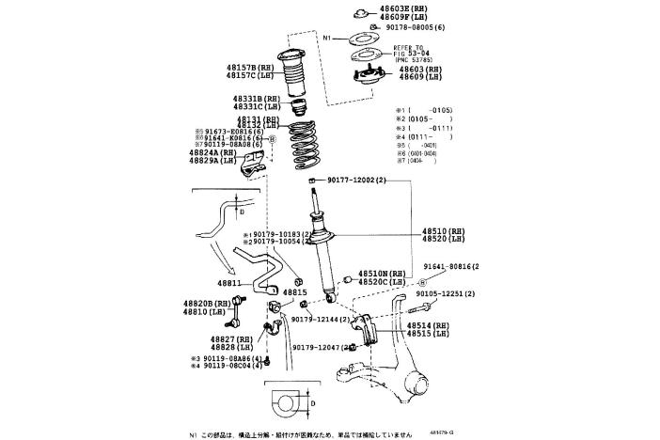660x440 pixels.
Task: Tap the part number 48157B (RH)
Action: click(x=248, y=68)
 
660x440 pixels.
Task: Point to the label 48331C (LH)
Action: click(x=258, y=106)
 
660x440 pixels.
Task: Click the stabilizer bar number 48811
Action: click(x=229, y=282)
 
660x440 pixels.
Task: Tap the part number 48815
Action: click(x=295, y=292)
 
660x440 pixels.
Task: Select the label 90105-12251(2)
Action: click(x=446, y=294)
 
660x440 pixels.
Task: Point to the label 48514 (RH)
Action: click(x=428, y=325)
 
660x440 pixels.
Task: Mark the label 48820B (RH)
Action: click(x=209, y=304)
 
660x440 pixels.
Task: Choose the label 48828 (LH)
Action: click(x=231, y=346)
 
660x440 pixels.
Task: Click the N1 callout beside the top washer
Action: click(x=328, y=39)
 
